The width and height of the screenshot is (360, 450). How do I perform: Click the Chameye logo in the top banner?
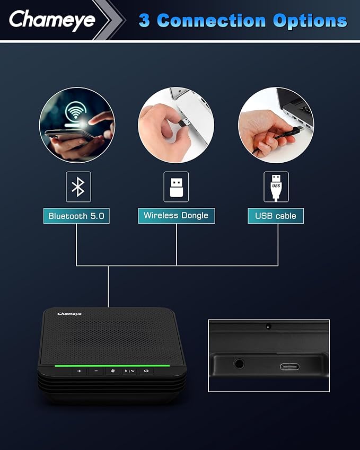(x=52, y=20)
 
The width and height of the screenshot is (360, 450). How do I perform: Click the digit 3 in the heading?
(x=144, y=21)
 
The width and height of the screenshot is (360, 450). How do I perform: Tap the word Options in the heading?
(x=310, y=22)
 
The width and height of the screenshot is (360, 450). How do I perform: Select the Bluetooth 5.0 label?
(x=76, y=216)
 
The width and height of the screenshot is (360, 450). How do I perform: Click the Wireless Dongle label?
(x=176, y=216)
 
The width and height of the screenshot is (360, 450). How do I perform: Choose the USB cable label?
(x=276, y=216)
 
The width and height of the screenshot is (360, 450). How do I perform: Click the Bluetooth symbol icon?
(x=78, y=187)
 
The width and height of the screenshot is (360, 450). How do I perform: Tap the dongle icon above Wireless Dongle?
(x=176, y=187)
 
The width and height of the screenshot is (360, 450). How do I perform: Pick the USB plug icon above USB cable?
(x=276, y=187)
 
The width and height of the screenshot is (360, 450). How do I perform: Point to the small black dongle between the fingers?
(x=185, y=122)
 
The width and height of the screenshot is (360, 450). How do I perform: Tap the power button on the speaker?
(x=146, y=371)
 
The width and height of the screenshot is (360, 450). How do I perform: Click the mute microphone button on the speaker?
(x=113, y=371)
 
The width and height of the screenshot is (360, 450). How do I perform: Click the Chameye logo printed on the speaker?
(x=69, y=314)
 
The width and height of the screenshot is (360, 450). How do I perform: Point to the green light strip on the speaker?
(x=112, y=366)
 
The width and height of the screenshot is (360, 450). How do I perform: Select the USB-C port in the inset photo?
(x=289, y=367)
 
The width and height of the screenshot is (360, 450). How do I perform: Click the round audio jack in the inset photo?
(x=239, y=364)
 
